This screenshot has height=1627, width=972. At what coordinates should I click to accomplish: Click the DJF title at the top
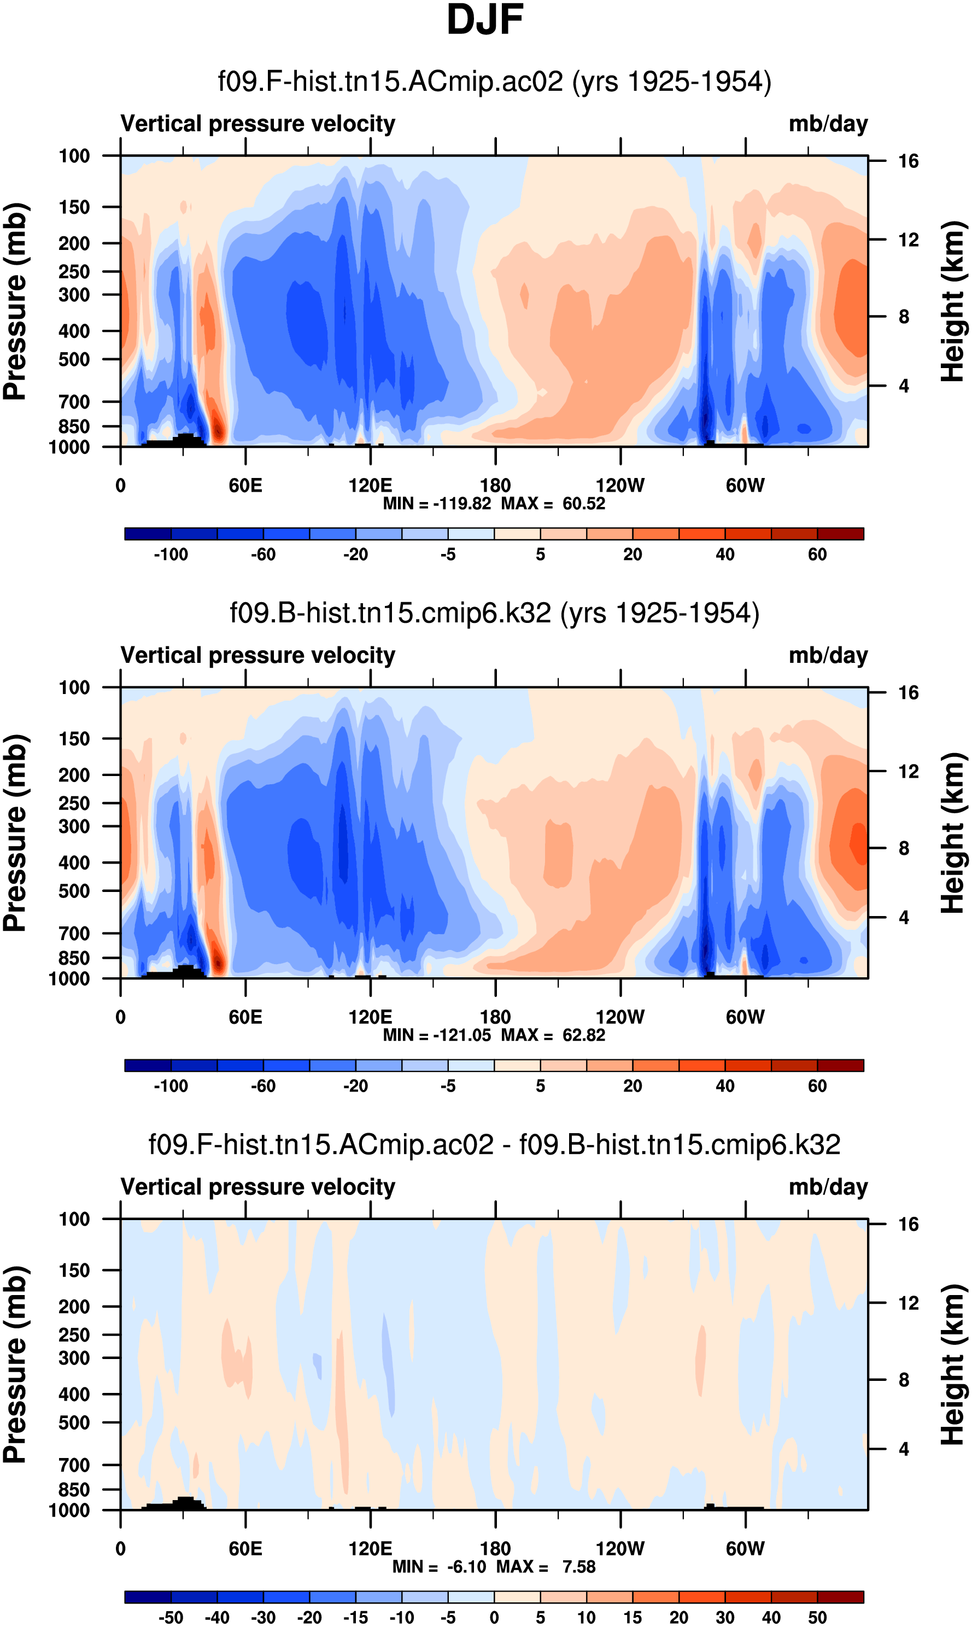[485, 20]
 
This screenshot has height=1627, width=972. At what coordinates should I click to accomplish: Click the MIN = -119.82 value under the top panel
[437, 504]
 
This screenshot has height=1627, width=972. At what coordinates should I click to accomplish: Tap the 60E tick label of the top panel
[245, 486]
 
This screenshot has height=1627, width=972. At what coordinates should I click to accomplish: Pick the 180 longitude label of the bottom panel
[495, 1548]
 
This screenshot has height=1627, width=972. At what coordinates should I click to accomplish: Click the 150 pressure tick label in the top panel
[74, 207]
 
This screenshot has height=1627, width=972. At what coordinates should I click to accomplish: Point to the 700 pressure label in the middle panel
[74, 933]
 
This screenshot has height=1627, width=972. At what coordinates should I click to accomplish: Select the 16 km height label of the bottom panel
[908, 1224]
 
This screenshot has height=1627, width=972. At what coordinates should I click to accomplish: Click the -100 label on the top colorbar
[171, 555]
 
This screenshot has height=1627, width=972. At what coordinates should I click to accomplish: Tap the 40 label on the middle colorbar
[725, 1086]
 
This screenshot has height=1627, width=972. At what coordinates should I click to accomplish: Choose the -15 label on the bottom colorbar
[356, 1617]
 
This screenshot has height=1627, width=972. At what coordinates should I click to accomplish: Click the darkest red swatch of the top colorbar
[840, 533]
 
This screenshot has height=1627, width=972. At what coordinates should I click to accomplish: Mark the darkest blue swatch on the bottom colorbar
[148, 1597]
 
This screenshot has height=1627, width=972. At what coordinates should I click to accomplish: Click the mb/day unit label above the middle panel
[828, 655]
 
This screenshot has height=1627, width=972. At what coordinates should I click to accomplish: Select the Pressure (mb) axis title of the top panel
[14, 301]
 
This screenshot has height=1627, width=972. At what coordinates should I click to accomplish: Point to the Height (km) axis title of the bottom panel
[953, 1364]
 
